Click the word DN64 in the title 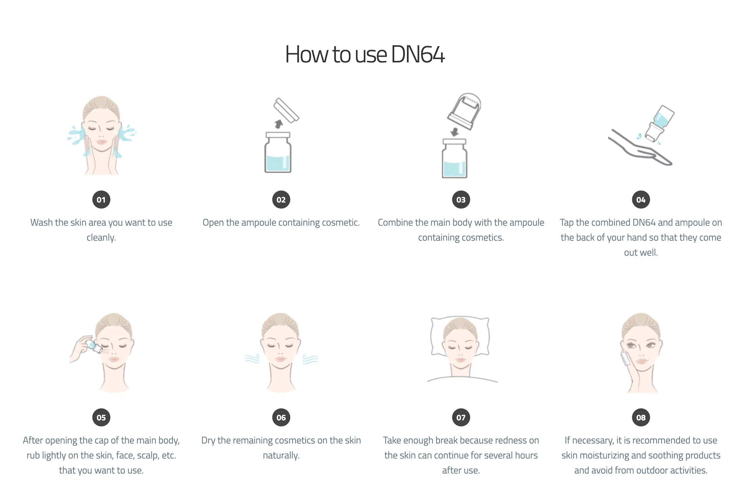[418, 54]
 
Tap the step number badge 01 [101, 200]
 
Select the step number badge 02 [281, 200]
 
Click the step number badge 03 [461, 200]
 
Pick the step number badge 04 [641, 200]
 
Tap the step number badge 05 [101, 418]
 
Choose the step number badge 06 [281, 418]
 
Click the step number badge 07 [461, 418]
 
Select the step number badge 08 [641, 418]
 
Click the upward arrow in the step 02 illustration [279, 124]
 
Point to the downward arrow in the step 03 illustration [455, 132]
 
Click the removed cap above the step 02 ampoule [286, 110]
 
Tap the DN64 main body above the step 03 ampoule [464, 111]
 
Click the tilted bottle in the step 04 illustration [659, 123]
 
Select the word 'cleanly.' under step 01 [101, 238]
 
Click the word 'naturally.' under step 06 [281, 455]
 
